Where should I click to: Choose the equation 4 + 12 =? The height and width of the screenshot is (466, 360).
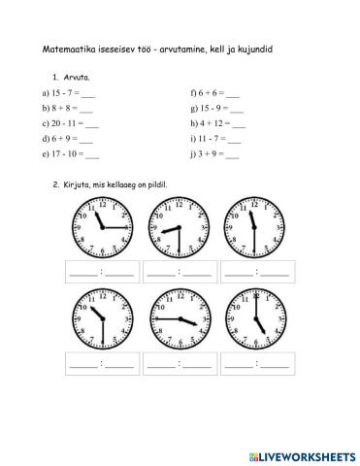(x=218, y=124)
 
